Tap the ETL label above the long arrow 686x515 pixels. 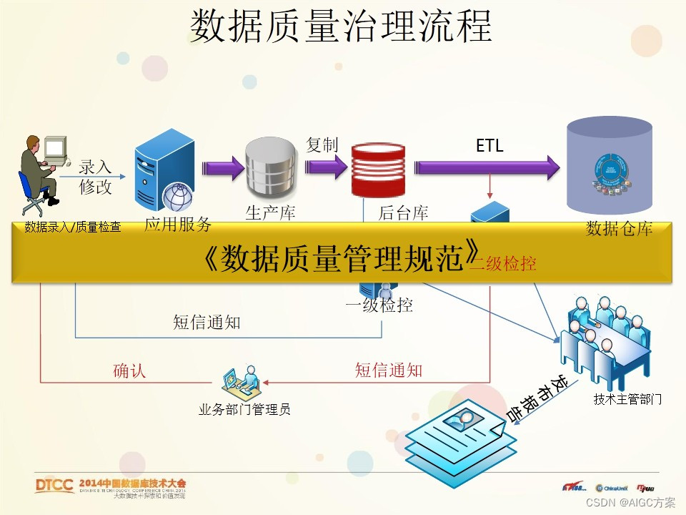click(x=489, y=146)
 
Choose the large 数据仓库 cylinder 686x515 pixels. click(x=609, y=170)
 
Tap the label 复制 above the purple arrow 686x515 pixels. click(x=322, y=145)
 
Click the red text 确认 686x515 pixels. click(x=129, y=371)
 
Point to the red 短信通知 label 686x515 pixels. click(x=389, y=370)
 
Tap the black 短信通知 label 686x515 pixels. click(x=207, y=323)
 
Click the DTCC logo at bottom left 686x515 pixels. click(x=54, y=486)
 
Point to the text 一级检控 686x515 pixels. click(x=379, y=305)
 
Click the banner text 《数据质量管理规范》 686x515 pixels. click(x=340, y=258)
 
